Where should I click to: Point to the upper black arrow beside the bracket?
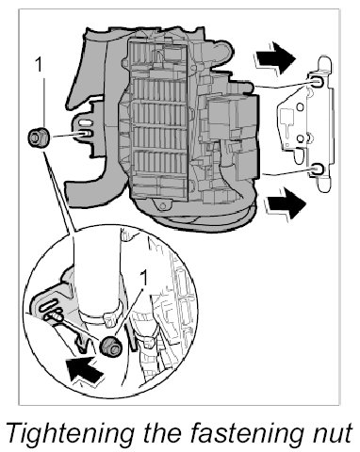tap(275, 58)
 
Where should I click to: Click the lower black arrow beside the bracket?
tap(286, 203)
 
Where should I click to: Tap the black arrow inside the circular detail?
tap(84, 370)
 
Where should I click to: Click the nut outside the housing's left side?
tap(39, 137)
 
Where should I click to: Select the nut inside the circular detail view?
tap(111, 346)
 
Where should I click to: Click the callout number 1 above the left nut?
tap(39, 65)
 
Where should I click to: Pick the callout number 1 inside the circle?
tap(143, 279)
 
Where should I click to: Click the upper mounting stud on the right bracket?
tap(317, 82)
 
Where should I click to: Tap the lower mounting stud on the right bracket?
tap(316, 169)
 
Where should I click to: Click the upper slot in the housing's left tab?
tap(84, 121)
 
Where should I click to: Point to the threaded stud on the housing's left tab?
tap(85, 134)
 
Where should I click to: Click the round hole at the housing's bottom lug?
tap(163, 206)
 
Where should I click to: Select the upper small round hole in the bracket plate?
tap(301, 107)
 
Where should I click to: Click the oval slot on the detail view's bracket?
tap(48, 304)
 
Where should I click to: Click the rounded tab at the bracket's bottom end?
tap(324, 185)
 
